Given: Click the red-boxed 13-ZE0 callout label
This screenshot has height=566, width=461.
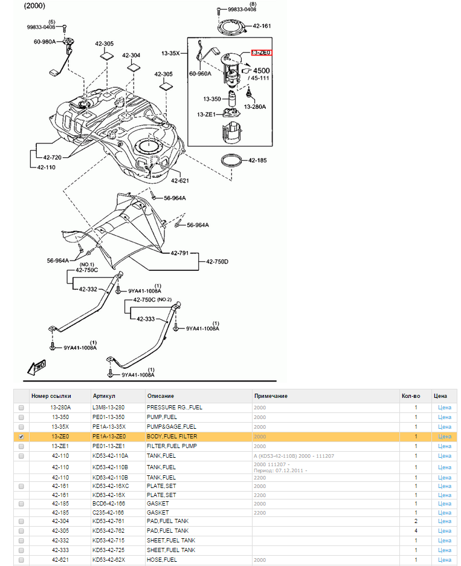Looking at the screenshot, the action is click(x=261, y=53).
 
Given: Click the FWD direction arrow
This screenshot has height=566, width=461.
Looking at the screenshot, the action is click(x=37, y=368).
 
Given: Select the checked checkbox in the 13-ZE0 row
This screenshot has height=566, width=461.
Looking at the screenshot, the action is click(x=21, y=437).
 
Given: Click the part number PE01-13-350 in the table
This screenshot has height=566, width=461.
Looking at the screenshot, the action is click(x=109, y=417).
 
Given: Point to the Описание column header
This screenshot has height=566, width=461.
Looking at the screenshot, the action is click(x=161, y=396).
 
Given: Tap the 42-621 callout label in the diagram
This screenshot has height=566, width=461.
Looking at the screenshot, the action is click(x=179, y=180).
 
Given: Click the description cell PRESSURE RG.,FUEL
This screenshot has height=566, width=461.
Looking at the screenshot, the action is click(x=175, y=407).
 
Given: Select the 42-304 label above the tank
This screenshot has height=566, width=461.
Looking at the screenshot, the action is click(x=131, y=55).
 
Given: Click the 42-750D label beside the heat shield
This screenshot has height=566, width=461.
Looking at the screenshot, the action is click(x=217, y=261).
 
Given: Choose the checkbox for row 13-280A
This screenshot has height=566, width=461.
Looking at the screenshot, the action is click(x=21, y=408).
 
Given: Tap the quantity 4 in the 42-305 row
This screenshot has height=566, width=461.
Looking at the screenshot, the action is click(x=416, y=531).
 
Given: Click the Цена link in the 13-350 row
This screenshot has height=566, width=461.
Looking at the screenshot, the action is click(x=445, y=417).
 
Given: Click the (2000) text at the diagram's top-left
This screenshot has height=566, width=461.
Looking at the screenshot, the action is click(x=34, y=6).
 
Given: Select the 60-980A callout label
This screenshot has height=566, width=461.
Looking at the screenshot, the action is click(x=45, y=42).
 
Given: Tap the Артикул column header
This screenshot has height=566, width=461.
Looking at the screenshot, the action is click(x=104, y=396).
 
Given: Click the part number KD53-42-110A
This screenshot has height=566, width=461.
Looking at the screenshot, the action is click(x=111, y=456).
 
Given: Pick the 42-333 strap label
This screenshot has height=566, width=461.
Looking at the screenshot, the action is click(x=146, y=319).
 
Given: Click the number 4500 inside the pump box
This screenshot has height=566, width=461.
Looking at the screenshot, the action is click(x=262, y=70).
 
